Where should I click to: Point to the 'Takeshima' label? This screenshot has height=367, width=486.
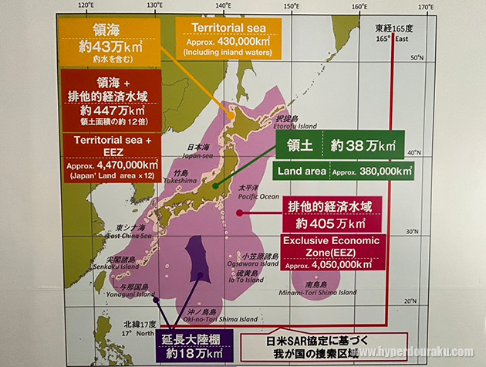click(x=184, y=179)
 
